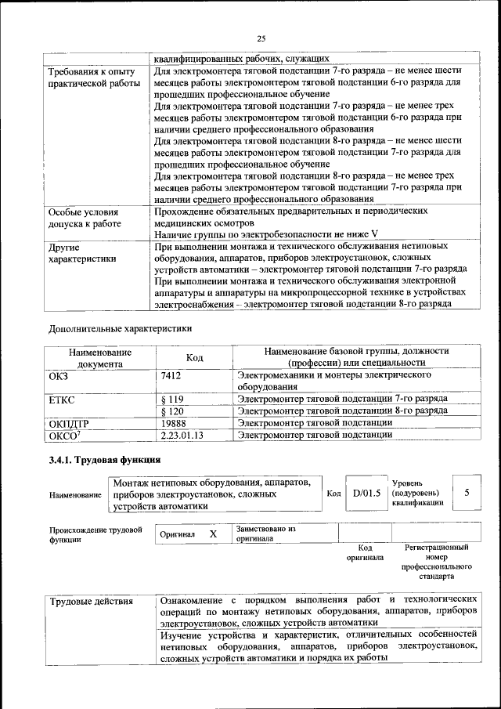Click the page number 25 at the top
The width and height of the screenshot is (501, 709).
(261, 38)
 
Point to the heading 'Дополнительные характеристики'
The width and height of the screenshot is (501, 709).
(120, 328)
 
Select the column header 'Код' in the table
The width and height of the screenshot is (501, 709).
(194, 358)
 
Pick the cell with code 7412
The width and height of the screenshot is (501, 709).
(171, 375)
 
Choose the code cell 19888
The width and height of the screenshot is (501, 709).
(173, 422)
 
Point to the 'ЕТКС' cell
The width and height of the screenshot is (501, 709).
(62, 399)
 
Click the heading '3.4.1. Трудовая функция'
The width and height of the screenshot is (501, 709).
(105, 460)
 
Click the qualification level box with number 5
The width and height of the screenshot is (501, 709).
(467, 493)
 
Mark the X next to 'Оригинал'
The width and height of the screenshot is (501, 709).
(212, 534)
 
